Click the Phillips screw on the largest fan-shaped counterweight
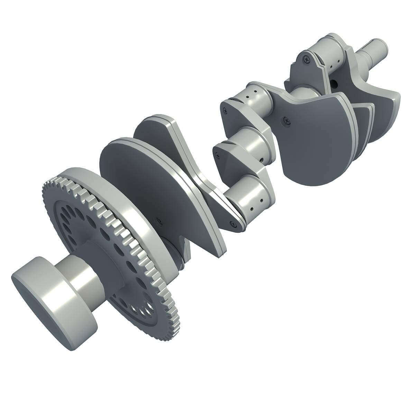tap(287, 120)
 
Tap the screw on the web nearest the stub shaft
tap(306, 59)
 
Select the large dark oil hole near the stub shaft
tap(335, 83)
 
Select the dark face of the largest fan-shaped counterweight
tap(311, 145)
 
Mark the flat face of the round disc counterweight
tap(138, 180)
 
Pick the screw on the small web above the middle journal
tap(225, 111)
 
